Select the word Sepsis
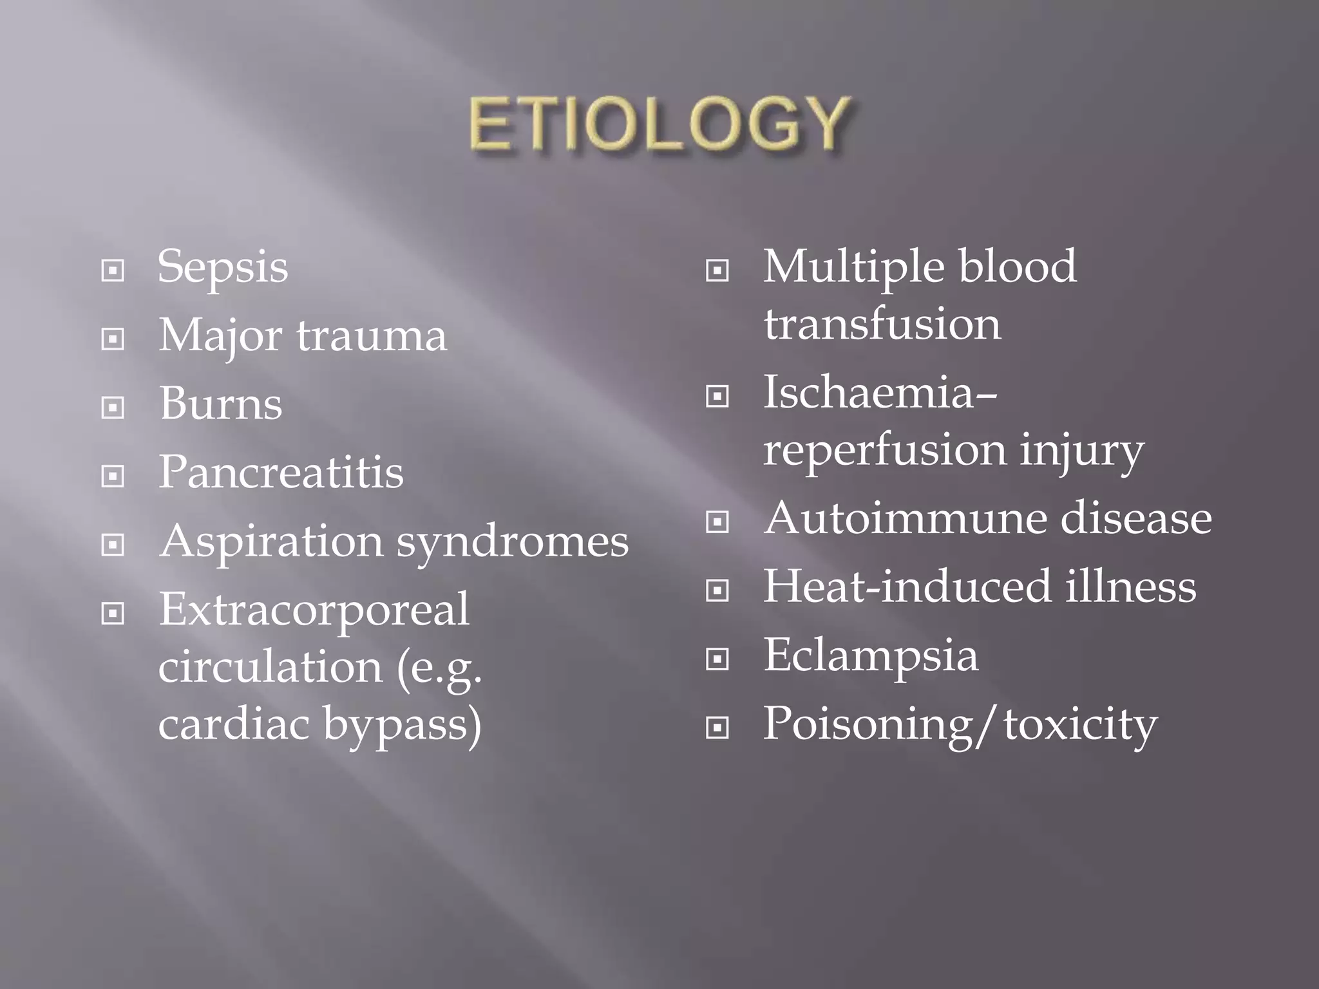click(223, 267)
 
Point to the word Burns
click(220, 404)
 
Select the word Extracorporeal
click(314, 609)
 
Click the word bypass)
click(402, 724)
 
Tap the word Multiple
click(853, 267)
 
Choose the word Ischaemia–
click(880, 392)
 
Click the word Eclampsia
click(871, 655)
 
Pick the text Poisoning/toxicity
click(960, 724)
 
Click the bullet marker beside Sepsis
click(113, 270)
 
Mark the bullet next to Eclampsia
click(717, 659)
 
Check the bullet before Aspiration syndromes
click(113, 545)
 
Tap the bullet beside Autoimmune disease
click(717, 521)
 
